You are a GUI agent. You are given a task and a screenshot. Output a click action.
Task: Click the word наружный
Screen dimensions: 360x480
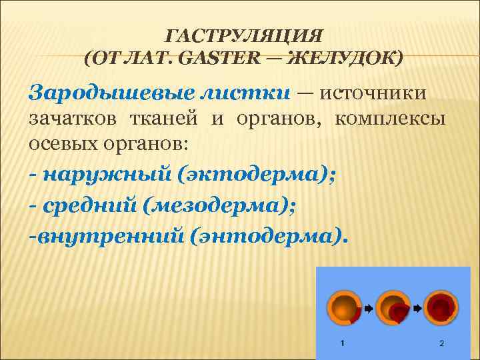[106, 175]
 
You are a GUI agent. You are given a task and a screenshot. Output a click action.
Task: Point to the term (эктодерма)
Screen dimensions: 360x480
[257, 175]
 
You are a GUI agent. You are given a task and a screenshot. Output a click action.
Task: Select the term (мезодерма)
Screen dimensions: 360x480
[219, 206]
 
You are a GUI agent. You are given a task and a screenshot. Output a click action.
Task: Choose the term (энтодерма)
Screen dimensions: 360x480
[269, 237]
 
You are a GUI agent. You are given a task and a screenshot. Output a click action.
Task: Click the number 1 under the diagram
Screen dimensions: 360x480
[343, 343]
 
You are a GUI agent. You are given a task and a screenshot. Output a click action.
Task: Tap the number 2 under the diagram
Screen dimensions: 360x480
[442, 343]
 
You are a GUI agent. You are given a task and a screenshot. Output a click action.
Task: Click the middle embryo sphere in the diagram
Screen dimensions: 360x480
[393, 309]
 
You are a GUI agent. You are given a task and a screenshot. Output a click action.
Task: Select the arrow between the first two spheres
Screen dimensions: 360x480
[367, 309]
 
